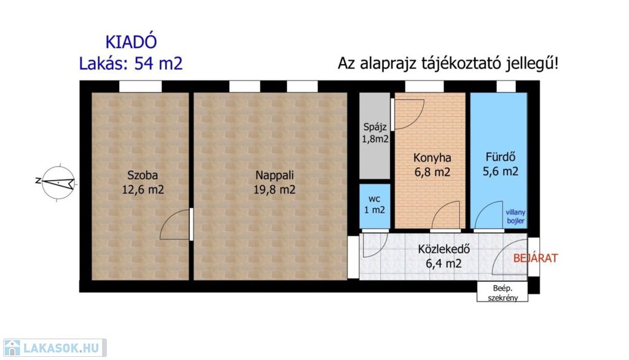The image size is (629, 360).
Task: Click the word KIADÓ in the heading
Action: click(x=131, y=42)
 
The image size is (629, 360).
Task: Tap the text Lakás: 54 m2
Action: click(x=131, y=63)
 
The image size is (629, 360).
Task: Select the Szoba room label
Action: click(x=143, y=175)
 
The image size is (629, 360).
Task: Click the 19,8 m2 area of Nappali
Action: click(x=275, y=189)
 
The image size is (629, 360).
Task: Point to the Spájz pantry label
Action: click(x=375, y=127)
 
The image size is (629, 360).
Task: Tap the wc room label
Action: click(x=374, y=199)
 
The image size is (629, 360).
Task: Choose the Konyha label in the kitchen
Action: click(x=432, y=158)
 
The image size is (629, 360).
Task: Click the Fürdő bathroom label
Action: click(x=500, y=157)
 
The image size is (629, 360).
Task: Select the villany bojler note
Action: click(x=515, y=217)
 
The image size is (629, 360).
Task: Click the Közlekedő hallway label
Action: click(x=443, y=249)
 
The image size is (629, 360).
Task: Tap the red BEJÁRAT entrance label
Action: click(x=536, y=259)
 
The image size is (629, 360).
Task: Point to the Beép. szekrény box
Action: click(x=502, y=292)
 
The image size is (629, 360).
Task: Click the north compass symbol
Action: click(x=58, y=182)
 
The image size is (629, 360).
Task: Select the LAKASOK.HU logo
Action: click(x=55, y=348)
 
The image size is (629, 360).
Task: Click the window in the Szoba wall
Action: click(x=141, y=86)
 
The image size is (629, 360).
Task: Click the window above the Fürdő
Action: click(x=506, y=86)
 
